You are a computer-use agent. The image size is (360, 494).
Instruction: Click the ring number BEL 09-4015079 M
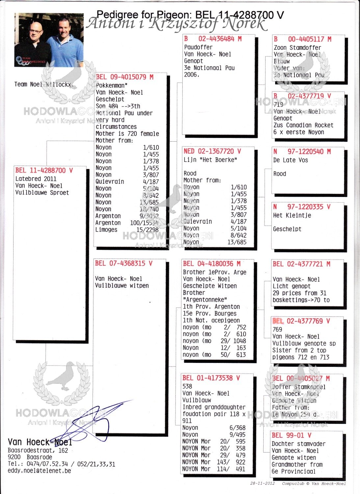click(125, 77)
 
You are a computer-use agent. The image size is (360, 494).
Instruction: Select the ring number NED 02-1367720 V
click(212, 151)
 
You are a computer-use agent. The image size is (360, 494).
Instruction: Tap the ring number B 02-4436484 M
click(213, 39)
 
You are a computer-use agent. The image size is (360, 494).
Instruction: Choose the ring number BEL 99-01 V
click(291, 435)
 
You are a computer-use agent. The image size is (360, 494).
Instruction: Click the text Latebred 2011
click(36, 179)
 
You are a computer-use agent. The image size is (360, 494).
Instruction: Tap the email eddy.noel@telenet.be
click(39, 471)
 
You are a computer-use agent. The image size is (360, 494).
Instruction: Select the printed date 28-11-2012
click(262, 483)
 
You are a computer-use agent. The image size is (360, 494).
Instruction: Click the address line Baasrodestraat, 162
click(38, 451)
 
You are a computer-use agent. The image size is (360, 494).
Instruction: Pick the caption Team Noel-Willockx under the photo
click(43, 84)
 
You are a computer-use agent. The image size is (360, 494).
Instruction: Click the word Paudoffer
click(198, 47)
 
